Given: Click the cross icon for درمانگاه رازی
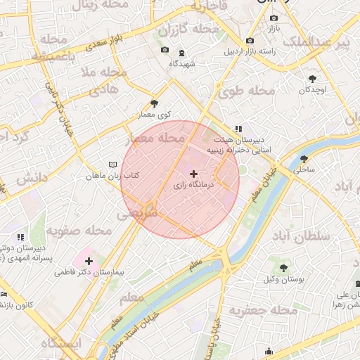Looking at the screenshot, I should pos(194,173).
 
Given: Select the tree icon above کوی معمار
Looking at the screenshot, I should pos(155,103).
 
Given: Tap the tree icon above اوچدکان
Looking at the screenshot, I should pos(312,79).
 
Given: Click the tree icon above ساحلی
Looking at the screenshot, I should pos(304,159).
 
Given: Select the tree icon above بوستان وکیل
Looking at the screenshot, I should pos(283,268).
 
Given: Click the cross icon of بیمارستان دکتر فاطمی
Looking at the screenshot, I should pos(89,261).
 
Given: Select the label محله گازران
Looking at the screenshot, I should pos(189,30).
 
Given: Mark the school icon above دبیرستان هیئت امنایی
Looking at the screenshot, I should pos(238,129).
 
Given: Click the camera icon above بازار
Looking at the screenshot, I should pos(274,18).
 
